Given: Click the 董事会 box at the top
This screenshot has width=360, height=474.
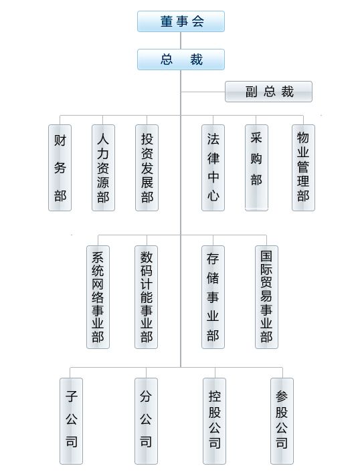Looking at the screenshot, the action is (181, 21).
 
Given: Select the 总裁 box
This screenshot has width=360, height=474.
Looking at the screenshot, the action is (181, 60).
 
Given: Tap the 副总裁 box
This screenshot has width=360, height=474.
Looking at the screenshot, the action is (268, 92).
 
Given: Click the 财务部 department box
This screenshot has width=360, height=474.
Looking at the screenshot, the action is (60, 168).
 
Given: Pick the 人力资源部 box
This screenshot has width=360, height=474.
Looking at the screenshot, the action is (103, 168).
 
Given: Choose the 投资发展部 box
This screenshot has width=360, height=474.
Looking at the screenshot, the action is (147, 168).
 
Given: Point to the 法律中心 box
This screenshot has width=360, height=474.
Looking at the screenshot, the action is (213, 168).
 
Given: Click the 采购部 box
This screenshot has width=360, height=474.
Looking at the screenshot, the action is (256, 168).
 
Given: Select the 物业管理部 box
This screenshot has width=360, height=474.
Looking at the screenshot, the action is (303, 168).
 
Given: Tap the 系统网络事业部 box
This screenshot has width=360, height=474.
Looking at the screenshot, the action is (98, 297).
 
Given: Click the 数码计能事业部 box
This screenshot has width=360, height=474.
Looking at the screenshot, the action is (146, 297).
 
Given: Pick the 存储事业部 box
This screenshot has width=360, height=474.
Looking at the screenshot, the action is (213, 297).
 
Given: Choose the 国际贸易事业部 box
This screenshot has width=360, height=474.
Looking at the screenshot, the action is (266, 297).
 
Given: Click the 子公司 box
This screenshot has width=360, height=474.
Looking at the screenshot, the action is (71, 421).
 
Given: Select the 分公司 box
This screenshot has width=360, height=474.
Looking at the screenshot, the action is (146, 421).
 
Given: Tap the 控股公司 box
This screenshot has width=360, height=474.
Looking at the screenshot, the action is (214, 421).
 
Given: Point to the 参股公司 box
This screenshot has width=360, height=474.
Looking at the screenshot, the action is (282, 421).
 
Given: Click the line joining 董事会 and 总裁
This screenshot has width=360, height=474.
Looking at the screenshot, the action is (181, 41).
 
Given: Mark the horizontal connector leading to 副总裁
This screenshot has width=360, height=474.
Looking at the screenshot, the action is (203, 92).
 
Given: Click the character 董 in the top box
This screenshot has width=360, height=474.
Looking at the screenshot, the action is (167, 21).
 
